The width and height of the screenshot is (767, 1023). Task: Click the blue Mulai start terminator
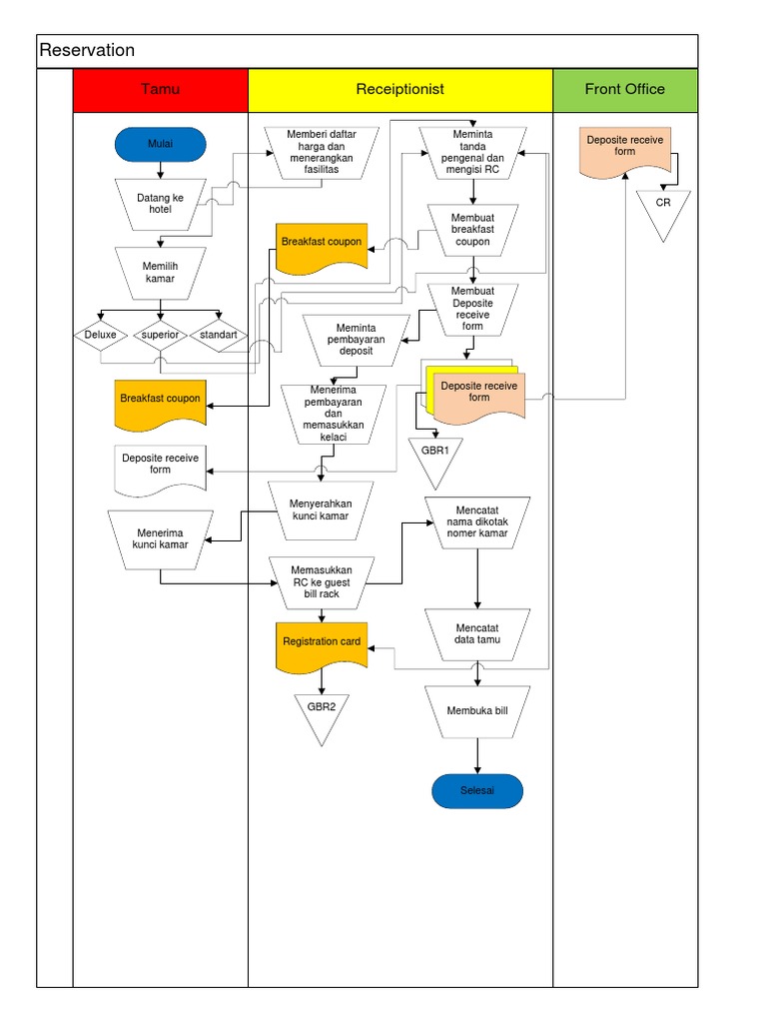tap(160, 144)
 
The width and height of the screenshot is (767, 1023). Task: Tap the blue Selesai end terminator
tap(477, 790)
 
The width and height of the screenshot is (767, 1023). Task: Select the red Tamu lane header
tap(160, 90)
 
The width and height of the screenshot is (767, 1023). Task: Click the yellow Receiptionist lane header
tap(399, 90)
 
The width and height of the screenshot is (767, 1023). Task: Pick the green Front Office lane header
tap(624, 90)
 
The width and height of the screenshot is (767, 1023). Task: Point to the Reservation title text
tap(87, 51)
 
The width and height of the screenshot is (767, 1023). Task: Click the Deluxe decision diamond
tap(100, 335)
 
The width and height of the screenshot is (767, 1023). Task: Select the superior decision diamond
tap(160, 335)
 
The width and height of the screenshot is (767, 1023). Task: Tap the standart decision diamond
tap(219, 335)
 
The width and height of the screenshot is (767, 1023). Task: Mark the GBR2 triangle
tap(322, 713)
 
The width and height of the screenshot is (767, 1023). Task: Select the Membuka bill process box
tap(476, 711)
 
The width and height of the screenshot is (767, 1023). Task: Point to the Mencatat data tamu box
tap(477, 633)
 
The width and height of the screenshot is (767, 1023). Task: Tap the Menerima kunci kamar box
tap(160, 537)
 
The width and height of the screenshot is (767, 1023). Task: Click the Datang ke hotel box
tap(160, 205)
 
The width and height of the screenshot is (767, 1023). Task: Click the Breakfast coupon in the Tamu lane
tap(160, 400)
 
